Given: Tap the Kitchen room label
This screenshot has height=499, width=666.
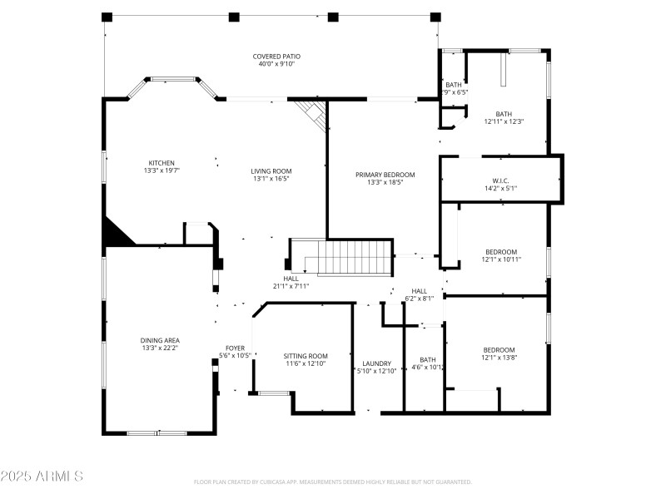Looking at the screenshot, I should [162, 163].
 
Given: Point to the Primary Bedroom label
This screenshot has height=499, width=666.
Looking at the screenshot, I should [385, 175].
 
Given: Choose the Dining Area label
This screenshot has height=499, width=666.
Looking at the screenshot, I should [160, 340].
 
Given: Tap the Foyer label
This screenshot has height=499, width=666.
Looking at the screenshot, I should [235, 348].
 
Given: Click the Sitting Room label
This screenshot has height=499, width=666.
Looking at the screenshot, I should [306, 356].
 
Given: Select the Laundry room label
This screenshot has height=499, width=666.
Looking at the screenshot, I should [377, 364].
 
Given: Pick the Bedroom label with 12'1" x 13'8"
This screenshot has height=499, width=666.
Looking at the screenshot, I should [499, 350].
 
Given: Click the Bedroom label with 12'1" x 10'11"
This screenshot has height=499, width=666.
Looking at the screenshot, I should [501, 252].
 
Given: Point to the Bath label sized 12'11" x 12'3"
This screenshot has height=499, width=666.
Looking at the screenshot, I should [504, 115].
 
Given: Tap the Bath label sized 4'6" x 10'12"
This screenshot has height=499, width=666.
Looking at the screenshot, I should [427, 360].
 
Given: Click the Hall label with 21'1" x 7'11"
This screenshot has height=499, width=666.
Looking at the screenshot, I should [291, 279].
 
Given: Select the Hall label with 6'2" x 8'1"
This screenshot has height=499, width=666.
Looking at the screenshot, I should [419, 291].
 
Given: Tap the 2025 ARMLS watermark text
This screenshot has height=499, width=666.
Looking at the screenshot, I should [42, 477].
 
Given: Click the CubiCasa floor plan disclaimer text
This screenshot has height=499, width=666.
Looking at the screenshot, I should [333, 482].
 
